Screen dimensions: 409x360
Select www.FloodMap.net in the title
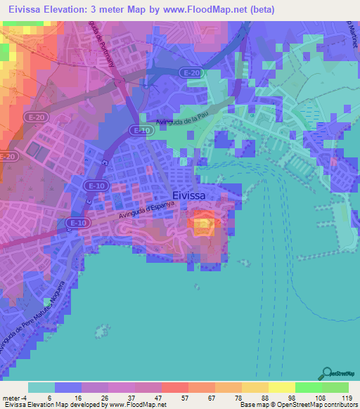pyautogui.click(x=203, y=10)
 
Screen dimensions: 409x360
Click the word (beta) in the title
pyautogui.click(x=261, y=10)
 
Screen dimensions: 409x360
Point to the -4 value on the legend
pyautogui.click(x=25, y=397)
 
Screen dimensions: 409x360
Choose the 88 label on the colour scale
pyautogui.click(x=264, y=397)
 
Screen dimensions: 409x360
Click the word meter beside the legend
pyautogui.click(x=11, y=397)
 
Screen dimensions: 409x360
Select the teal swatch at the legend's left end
pyautogui.click(x=41, y=387)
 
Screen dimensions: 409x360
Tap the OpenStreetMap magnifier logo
pyautogui.click(x=327, y=372)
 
